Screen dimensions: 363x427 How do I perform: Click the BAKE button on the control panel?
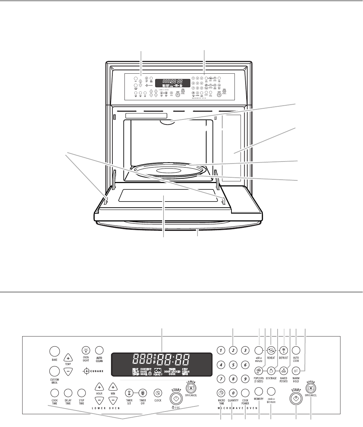tap(54, 351)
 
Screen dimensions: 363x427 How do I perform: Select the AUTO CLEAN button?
tap(99, 350)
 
